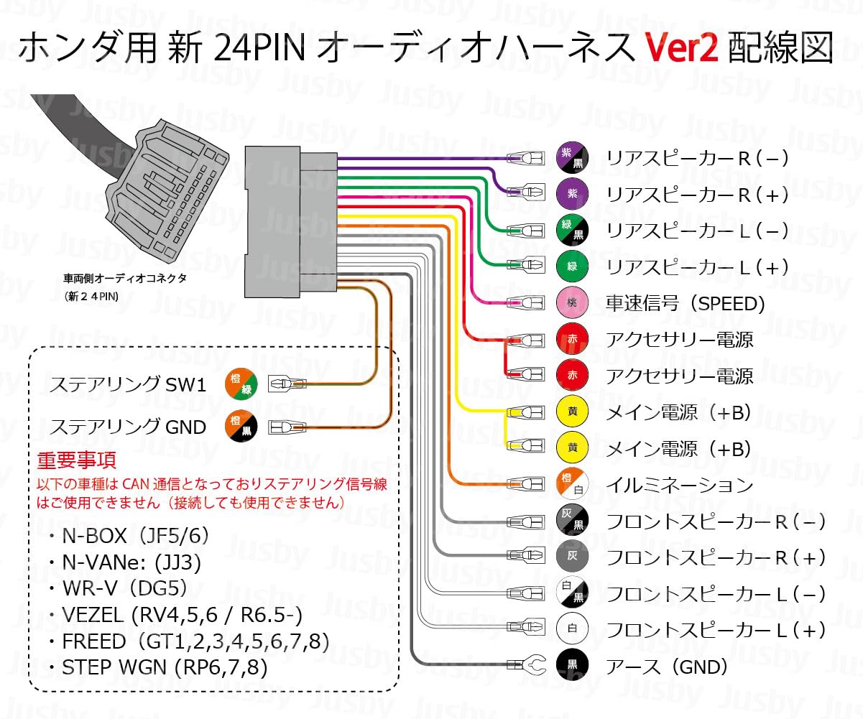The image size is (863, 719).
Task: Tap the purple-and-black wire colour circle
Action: pyautogui.click(x=573, y=158)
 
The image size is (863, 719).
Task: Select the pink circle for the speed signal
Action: pyautogui.click(x=573, y=303)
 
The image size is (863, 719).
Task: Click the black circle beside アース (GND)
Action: pyautogui.click(x=573, y=666)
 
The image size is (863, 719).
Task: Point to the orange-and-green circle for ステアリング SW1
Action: pyautogui.click(x=241, y=384)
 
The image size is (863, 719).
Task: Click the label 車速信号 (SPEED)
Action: pyautogui.click(x=686, y=303)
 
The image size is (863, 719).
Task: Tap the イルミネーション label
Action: pyautogui.click(x=680, y=485)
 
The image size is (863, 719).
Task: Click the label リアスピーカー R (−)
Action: pyautogui.click(x=697, y=158)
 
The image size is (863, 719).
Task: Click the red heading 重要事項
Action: pyautogui.click(x=76, y=460)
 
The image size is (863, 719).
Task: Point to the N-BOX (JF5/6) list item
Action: pyautogui.click(x=125, y=536)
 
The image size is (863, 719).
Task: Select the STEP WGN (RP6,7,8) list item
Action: pyautogui.click(x=157, y=667)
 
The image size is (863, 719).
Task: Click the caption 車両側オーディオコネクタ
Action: pyautogui.click(x=124, y=279)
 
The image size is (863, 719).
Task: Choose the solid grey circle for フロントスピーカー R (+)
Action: pyautogui.click(x=573, y=557)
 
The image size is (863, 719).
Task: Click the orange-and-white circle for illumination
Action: pyautogui.click(x=573, y=485)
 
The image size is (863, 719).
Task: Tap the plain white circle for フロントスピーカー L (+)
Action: pyautogui.click(x=573, y=630)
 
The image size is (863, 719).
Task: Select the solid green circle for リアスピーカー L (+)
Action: pyautogui.click(x=573, y=266)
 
